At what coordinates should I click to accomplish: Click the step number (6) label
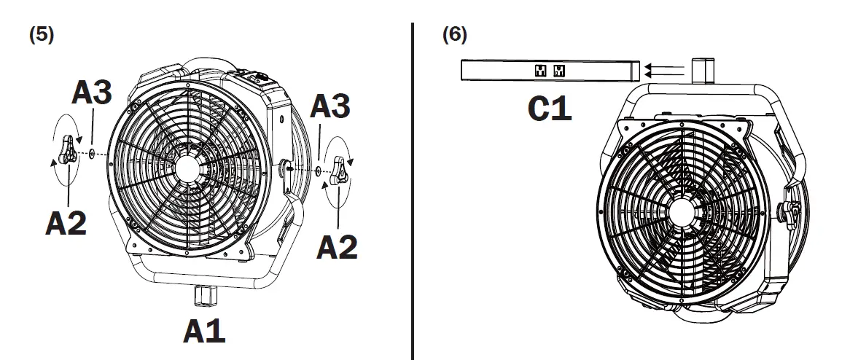point(455,35)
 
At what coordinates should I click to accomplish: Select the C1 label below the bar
point(550,109)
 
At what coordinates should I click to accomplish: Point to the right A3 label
point(330,107)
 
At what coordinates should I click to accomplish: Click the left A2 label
point(66,223)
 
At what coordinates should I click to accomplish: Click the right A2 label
point(337,247)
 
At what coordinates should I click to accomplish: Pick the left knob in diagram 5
point(69,150)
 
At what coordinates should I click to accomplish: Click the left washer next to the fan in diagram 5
point(91,154)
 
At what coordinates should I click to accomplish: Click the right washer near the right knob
point(320,171)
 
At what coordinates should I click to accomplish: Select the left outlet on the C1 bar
point(540,71)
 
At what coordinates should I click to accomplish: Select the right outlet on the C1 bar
point(559,71)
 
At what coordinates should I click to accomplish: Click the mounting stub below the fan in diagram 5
point(203,297)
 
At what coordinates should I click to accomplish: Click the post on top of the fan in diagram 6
point(701,72)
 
